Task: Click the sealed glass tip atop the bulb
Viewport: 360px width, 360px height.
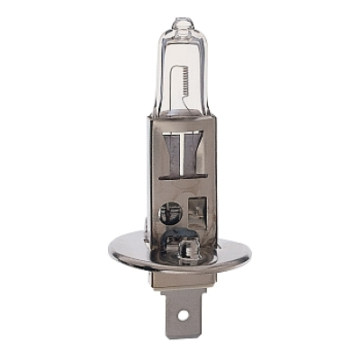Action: (x=183, y=22)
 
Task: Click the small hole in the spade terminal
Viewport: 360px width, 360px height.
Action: (x=187, y=316)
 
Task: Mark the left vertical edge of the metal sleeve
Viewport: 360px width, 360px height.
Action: (x=150, y=180)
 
